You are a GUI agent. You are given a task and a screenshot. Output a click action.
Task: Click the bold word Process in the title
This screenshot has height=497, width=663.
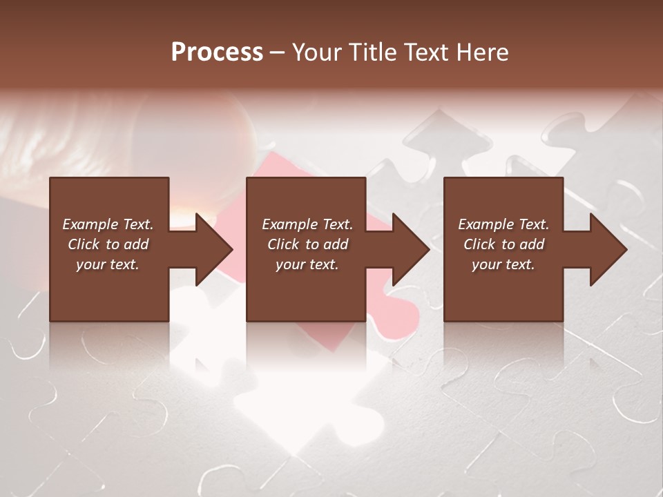pos(217,52)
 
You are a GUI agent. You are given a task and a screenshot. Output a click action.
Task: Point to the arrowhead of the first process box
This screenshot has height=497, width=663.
pos(214,249)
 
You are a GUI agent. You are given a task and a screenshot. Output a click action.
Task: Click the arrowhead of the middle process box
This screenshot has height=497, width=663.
pos(411,249)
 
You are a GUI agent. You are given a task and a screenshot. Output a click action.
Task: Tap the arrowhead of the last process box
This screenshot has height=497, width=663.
pos(608,249)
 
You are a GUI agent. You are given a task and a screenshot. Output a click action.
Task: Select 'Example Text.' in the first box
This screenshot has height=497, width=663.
pos(108,224)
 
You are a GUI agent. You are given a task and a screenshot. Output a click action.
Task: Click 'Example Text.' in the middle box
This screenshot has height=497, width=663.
pos(307,224)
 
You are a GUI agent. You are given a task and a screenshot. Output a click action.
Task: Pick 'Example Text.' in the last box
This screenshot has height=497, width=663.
pos(503,224)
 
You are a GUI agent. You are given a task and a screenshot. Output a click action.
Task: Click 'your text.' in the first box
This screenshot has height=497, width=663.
pos(108,264)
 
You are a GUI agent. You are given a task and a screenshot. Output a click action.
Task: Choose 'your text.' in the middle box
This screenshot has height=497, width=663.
pos(307,264)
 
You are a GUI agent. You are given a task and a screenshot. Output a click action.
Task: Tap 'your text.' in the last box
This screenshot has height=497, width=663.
pos(503,264)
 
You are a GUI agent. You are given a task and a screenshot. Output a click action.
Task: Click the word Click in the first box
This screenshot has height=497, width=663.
pos(84,244)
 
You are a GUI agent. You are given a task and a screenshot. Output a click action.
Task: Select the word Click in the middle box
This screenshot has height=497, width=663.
pos(283,244)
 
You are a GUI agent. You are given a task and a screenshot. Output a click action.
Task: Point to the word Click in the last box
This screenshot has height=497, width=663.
pos(479,244)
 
